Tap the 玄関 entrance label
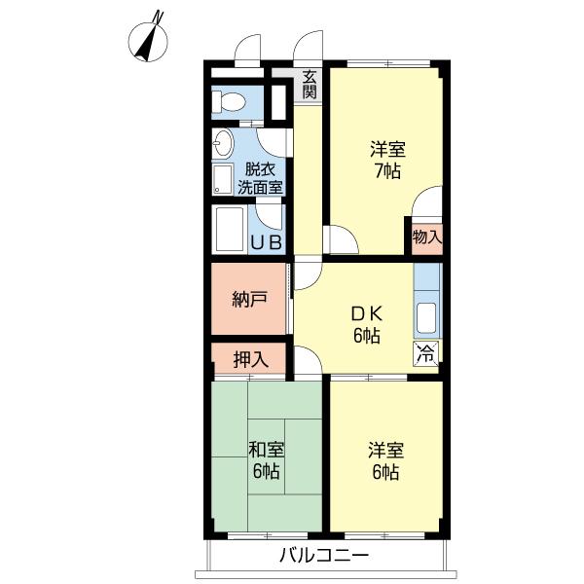(310, 84)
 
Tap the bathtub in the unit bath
(231, 230)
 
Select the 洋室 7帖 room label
(386, 161)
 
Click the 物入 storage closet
(426, 236)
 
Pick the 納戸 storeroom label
(249, 299)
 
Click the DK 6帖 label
(367, 325)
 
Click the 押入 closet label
(249, 359)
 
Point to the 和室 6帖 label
(265, 459)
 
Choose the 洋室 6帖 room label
(384, 459)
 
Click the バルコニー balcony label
(324, 557)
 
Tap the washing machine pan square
(223, 180)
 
